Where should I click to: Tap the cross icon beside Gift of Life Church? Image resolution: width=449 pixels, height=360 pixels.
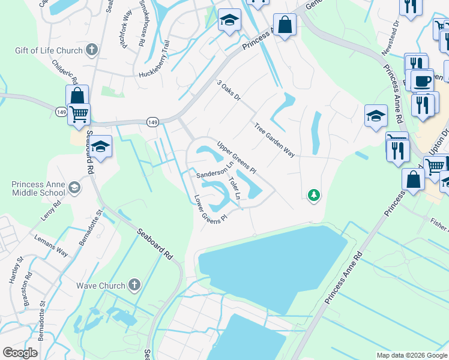pos(92,49)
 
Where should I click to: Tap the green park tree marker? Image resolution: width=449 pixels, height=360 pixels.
pos(313,194)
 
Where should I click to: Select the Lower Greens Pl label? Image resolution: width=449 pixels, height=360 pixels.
pos(209,209)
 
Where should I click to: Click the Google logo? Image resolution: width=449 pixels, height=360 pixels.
pos(20,353)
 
